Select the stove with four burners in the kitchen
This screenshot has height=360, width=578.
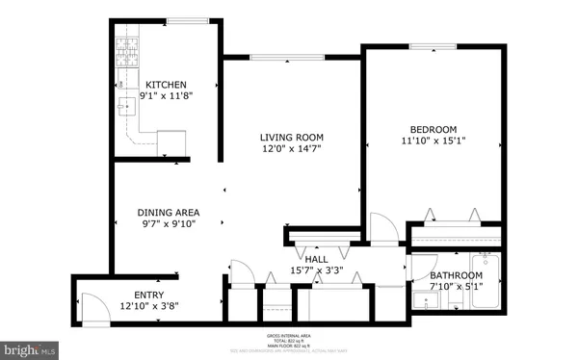point(126,50)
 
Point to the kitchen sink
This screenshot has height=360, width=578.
point(126,105)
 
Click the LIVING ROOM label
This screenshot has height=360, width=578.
point(291,137)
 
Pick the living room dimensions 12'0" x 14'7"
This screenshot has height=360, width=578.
point(291,148)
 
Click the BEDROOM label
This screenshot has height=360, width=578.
point(433,129)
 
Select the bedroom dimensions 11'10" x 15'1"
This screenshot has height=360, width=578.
point(433,141)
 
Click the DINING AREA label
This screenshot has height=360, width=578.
point(168,212)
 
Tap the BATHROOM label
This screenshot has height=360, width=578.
point(456,274)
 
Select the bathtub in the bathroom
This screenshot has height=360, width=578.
point(486,284)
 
